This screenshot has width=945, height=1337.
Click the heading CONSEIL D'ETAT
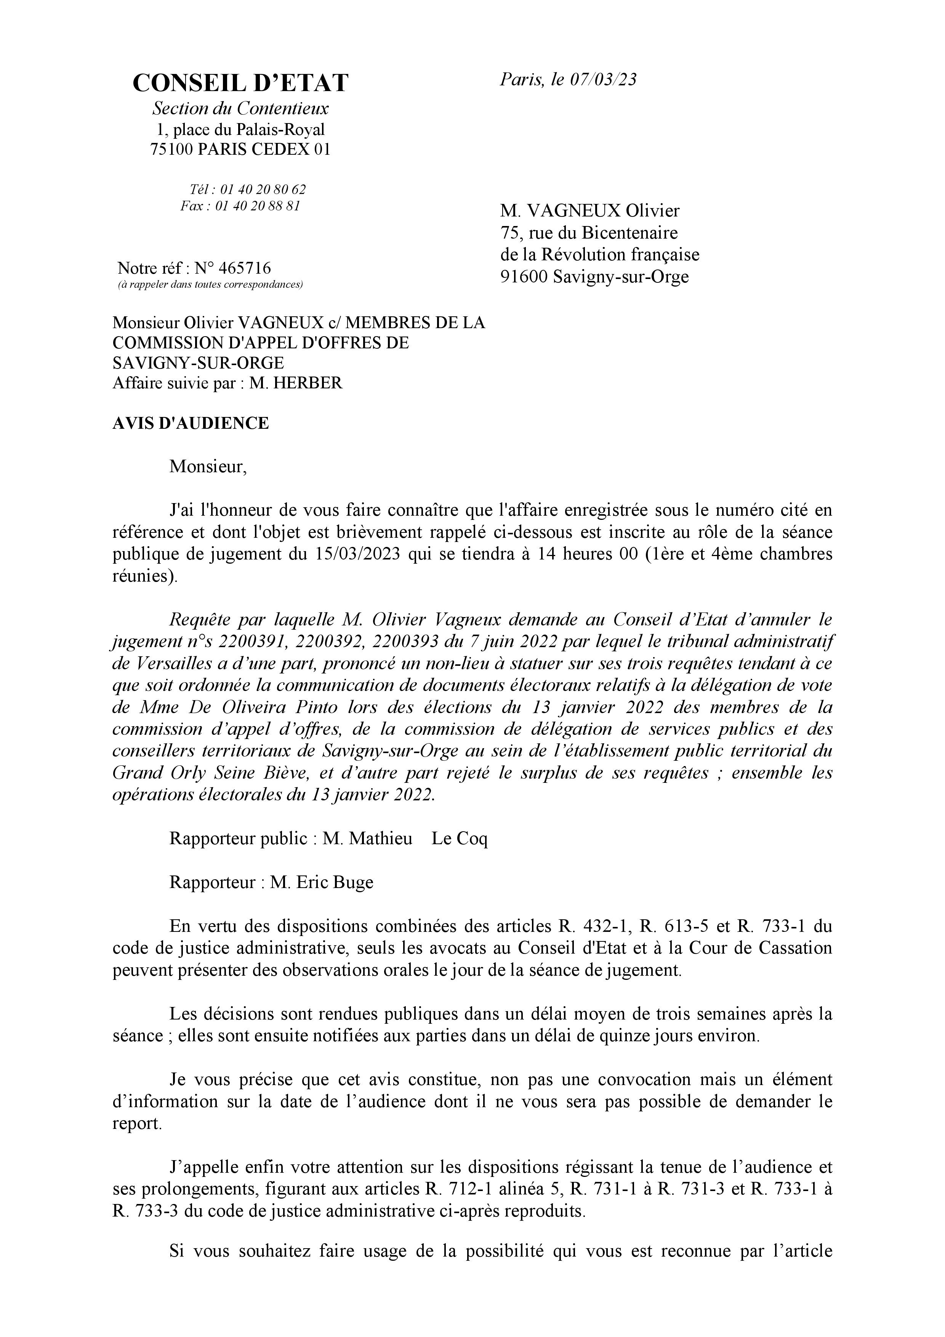240,83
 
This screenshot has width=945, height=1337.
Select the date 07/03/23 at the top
603,80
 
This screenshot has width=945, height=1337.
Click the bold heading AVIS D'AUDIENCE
191,423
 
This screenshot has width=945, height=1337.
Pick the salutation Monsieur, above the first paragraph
208,467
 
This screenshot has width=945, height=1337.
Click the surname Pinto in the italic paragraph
316,707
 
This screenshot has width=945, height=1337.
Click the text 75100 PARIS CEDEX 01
240,150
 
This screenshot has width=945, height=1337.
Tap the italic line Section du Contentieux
240,108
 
